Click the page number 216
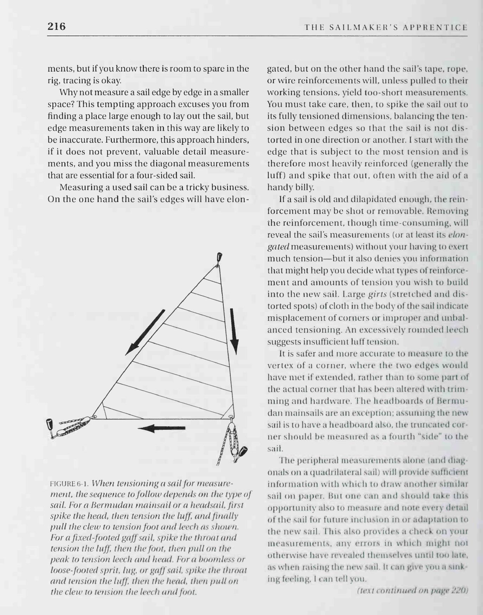click(x=57, y=26)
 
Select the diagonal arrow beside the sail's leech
click(x=145, y=332)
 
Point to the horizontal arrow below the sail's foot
click(x=161, y=428)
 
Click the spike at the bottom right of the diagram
click(x=243, y=452)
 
